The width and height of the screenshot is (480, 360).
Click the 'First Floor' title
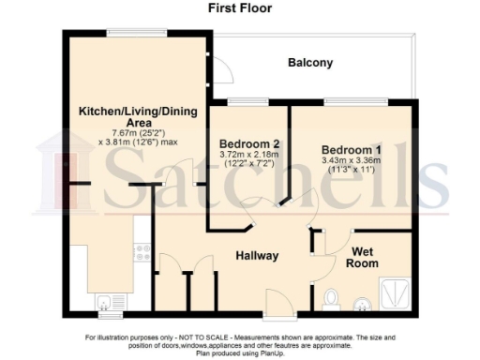click(239, 7)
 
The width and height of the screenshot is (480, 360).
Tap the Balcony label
click(309, 64)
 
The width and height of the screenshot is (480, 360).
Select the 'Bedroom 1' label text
click(352, 150)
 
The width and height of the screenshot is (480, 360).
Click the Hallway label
click(255, 255)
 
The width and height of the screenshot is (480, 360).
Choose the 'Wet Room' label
click(365, 257)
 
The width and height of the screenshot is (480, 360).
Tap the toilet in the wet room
click(329, 299)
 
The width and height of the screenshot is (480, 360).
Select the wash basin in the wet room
click(361, 303)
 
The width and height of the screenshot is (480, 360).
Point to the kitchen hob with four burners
click(142, 251)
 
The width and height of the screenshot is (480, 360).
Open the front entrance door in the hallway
click(277, 302)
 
